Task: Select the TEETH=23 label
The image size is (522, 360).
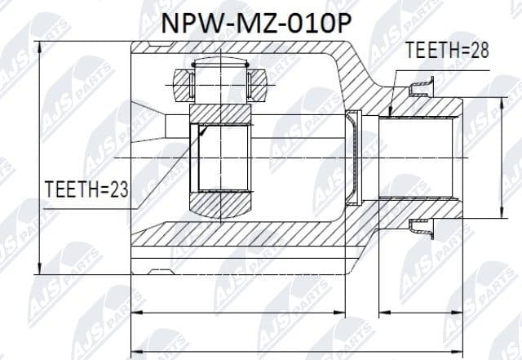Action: (88, 190)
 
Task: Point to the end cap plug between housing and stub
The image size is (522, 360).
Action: (352, 156)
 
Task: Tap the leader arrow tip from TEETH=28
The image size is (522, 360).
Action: (391, 115)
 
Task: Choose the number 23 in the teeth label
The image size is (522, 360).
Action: (119, 190)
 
